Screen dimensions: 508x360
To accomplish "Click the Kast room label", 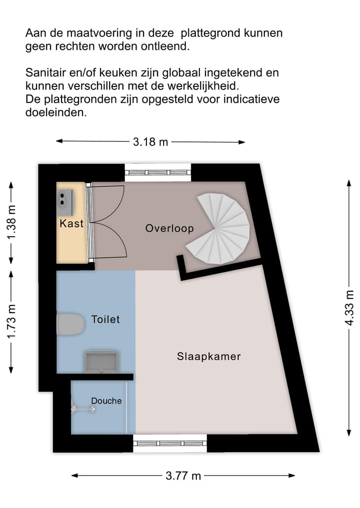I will point(71,223).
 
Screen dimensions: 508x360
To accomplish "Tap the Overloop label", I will point(169,228).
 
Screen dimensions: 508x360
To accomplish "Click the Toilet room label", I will point(105,319).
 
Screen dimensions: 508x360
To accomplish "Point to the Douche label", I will point(106,401).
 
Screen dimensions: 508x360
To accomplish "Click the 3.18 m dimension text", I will point(150,142).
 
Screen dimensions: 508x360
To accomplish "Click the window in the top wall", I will point(157,173).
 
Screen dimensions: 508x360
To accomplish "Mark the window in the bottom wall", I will point(170,443).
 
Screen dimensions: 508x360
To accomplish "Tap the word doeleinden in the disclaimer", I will point(56,113).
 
